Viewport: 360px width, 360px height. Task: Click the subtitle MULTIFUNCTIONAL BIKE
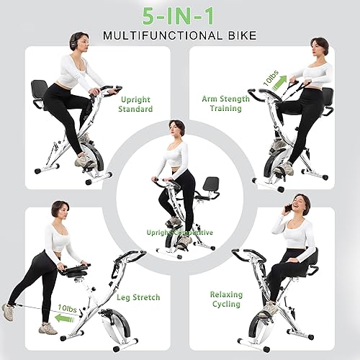point(179,35)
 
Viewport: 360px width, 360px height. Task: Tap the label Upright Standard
point(136,103)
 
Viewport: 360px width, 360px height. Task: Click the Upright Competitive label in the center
point(179,233)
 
